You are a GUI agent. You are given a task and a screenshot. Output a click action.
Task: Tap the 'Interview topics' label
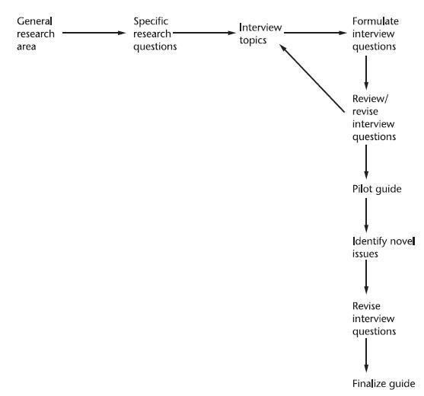pos(260,34)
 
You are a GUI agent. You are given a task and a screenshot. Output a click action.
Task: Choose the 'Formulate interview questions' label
pos(375,34)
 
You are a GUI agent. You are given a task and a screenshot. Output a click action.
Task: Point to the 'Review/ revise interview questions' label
pos(375,118)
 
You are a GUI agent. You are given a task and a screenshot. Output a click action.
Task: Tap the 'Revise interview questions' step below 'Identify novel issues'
pos(375,318)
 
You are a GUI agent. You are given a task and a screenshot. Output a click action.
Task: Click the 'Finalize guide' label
pos(383,383)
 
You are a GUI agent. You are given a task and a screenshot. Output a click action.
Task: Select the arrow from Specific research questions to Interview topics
pos(202,34)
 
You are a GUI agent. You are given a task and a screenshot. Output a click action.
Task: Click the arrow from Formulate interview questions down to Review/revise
pos(367,72)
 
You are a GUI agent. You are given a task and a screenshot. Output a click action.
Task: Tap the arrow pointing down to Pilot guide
pos(367,160)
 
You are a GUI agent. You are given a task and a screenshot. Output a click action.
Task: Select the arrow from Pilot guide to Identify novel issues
pos(367,215)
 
